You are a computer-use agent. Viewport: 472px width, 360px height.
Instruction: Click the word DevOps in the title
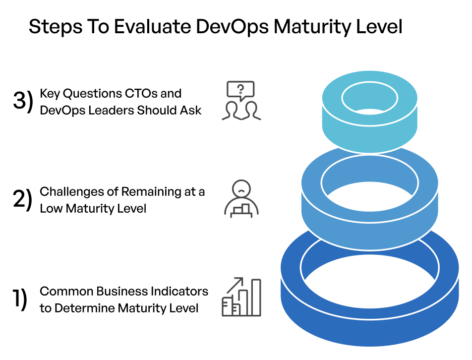click(x=232, y=27)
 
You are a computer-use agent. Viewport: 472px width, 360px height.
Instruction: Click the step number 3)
click(x=22, y=101)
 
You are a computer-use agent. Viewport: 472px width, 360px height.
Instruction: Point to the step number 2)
click(x=22, y=200)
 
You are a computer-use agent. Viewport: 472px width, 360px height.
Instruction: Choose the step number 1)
click(x=20, y=299)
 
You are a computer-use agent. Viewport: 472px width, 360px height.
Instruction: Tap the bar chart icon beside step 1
click(x=241, y=297)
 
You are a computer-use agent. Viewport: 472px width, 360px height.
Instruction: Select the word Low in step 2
click(x=51, y=209)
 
